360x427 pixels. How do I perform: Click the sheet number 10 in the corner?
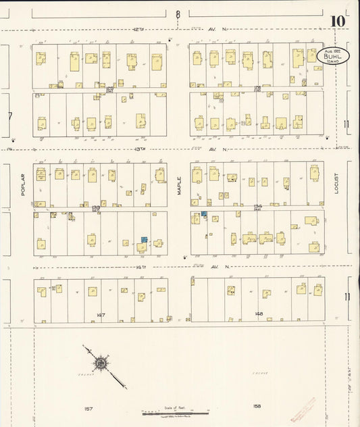[338, 20]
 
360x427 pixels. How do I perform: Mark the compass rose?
[101, 364]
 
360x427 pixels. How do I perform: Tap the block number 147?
[100, 315]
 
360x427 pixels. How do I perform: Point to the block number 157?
[88, 407]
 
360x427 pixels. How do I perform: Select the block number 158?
[256, 406]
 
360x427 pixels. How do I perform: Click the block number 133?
[96, 207]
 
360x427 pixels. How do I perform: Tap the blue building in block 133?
[144, 240]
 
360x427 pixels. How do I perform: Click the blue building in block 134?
[203, 214]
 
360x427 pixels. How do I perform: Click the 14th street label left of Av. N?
[140, 267]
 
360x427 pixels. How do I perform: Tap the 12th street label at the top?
[140, 30]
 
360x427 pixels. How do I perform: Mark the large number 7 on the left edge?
[9, 116]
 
